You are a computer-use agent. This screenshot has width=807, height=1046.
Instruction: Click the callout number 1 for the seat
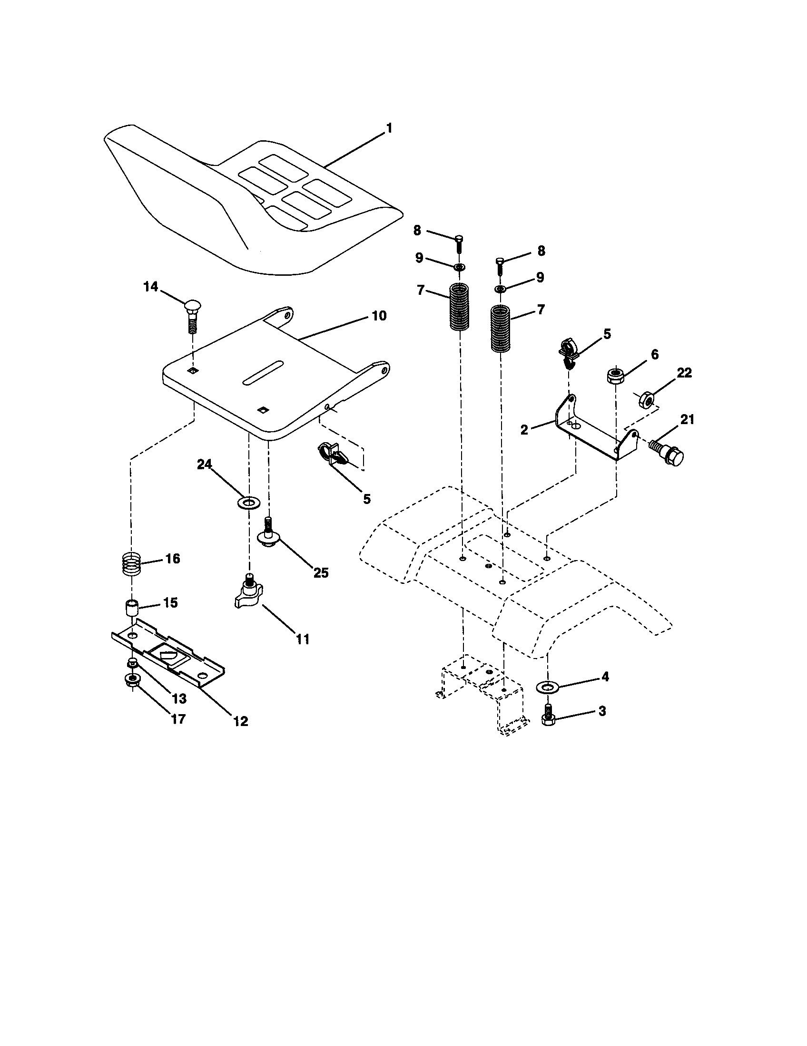pos(389,128)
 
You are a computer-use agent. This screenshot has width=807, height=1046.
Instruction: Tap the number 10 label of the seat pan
pos(379,316)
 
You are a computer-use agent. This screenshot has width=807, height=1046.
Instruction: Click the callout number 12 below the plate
pos(241,721)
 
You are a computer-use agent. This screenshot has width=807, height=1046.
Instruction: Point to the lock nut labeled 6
pos(615,375)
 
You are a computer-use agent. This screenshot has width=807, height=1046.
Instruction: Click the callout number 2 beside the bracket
pos(524,430)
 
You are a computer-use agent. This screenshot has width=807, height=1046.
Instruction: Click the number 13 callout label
pos(179,699)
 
